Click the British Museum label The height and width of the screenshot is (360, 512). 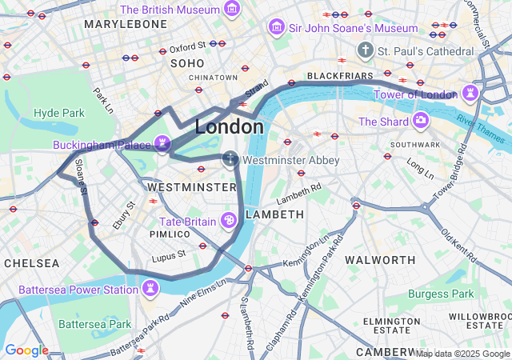[170, 10]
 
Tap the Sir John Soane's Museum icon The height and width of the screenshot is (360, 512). [276, 28]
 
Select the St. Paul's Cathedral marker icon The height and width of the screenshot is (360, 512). [366, 50]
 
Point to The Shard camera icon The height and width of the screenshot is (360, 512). [420, 121]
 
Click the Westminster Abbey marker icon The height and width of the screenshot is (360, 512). [230, 159]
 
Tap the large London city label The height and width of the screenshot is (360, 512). [229, 126]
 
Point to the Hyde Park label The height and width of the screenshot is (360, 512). [58, 113]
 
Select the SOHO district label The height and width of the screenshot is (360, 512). [187, 62]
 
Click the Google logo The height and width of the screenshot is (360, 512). [26, 350]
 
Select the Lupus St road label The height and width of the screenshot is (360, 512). [170, 254]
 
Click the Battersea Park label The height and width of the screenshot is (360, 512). [95, 324]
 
